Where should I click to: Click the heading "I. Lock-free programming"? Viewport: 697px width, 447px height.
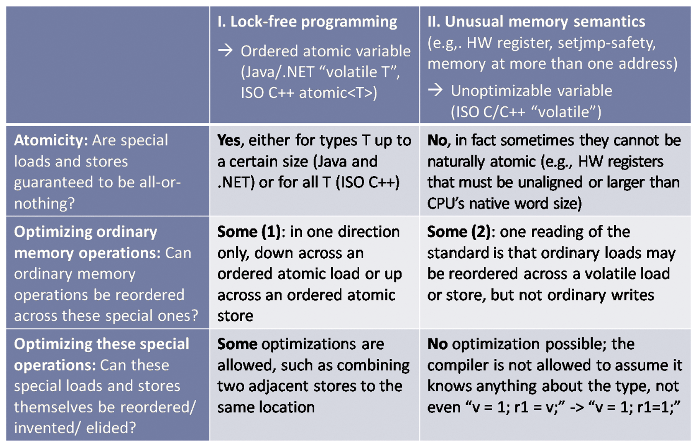(x=307, y=22)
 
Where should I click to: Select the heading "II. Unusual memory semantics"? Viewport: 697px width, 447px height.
(x=536, y=21)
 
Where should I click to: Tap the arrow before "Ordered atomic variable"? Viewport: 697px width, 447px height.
(x=225, y=50)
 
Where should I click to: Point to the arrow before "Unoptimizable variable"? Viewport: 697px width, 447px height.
(x=435, y=90)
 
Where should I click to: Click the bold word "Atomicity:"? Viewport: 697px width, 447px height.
(x=51, y=140)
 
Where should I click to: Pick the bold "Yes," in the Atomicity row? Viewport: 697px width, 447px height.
(x=231, y=141)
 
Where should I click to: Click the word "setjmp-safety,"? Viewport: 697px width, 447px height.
(x=607, y=43)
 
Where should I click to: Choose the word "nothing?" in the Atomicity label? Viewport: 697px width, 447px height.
(x=44, y=203)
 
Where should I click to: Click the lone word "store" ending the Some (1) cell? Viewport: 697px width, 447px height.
(x=235, y=316)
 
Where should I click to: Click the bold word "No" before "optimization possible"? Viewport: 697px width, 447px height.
(x=437, y=344)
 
